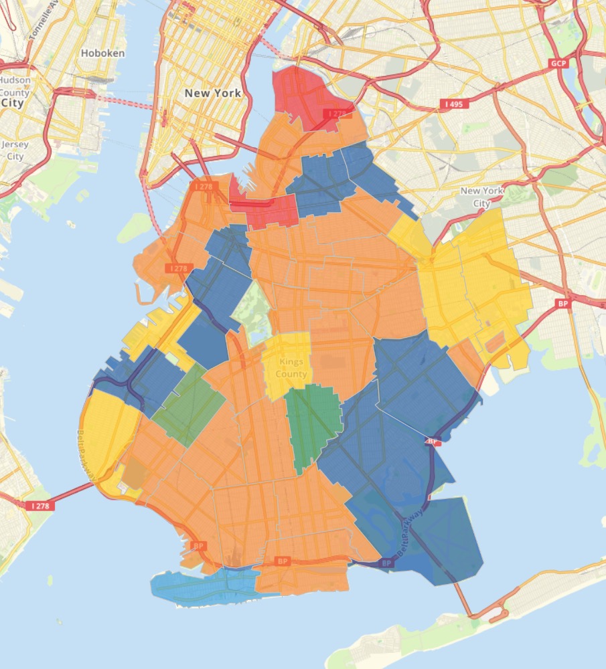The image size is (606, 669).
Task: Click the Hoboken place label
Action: (102, 53)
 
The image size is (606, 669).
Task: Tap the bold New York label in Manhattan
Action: (213, 94)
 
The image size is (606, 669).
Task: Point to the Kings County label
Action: (293, 368)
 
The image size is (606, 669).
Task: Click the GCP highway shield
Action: (558, 63)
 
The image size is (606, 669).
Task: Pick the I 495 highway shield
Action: (455, 104)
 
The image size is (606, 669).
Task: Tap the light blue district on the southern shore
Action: (201, 585)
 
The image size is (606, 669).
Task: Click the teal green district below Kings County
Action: (311, 421)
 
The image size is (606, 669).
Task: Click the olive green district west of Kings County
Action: (190, 405)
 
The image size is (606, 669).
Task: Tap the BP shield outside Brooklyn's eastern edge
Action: (563, 304)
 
